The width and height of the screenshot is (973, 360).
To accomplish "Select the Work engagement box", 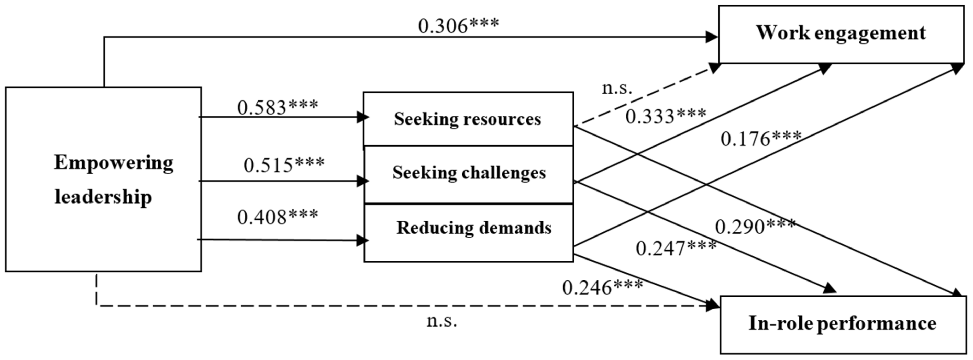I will (841, 34).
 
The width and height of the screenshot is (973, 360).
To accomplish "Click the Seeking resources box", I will (468, 119).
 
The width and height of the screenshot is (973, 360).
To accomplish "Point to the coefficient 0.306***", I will (458, 26).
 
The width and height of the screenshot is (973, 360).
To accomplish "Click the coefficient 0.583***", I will (278, 107).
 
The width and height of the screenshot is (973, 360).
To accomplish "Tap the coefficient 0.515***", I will (284, 165).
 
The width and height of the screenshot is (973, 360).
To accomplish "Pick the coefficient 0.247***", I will (676, 248).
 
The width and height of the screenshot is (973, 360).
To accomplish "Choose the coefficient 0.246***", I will (602, 287).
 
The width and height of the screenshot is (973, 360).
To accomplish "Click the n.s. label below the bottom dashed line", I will (441, 321).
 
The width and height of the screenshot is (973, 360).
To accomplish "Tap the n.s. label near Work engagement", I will (616, 88).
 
